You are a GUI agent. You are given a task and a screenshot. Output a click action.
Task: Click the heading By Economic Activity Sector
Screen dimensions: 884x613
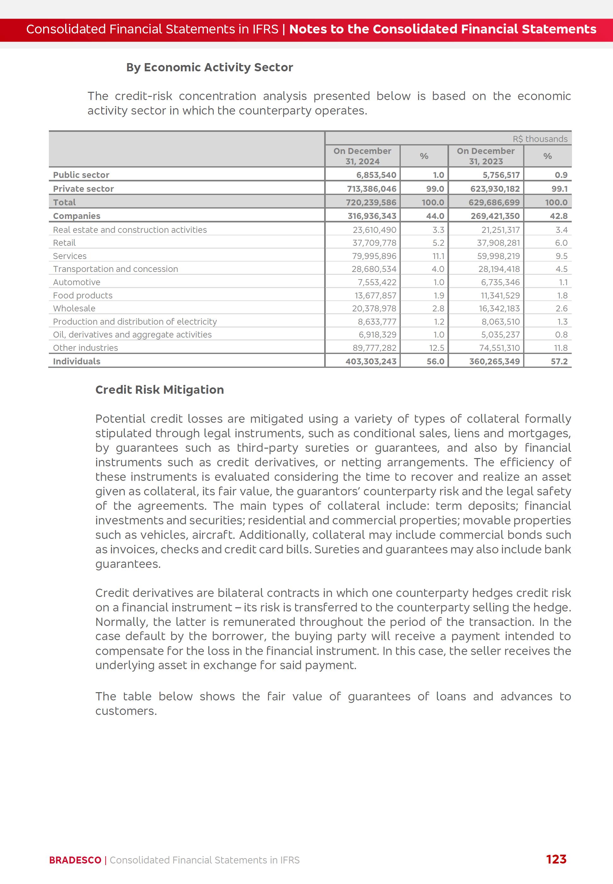209,67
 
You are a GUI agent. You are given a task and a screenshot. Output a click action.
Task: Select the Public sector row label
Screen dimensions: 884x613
81,175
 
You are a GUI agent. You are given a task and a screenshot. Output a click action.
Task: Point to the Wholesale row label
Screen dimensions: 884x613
74,308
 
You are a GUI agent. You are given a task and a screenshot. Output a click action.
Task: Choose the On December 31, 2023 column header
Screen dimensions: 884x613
486,156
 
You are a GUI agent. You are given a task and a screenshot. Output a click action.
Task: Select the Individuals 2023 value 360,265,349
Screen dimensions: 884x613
494,361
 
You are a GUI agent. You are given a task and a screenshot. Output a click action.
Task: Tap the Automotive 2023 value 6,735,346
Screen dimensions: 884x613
500,282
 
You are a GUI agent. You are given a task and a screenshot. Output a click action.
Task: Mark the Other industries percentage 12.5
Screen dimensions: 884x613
436,348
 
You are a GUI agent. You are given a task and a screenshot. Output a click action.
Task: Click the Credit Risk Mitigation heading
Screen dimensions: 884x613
159,390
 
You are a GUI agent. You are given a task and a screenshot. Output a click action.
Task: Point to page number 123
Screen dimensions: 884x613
556,859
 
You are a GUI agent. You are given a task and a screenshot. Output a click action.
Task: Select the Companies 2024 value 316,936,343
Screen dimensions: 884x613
372,216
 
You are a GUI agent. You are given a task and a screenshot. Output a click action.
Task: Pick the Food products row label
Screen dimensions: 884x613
83,295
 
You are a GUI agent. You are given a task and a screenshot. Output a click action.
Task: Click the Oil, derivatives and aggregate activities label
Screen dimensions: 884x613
132,335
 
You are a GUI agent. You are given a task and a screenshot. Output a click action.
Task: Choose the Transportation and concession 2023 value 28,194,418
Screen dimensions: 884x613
499,269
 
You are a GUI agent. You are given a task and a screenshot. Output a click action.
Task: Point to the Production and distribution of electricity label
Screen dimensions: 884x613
135,321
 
